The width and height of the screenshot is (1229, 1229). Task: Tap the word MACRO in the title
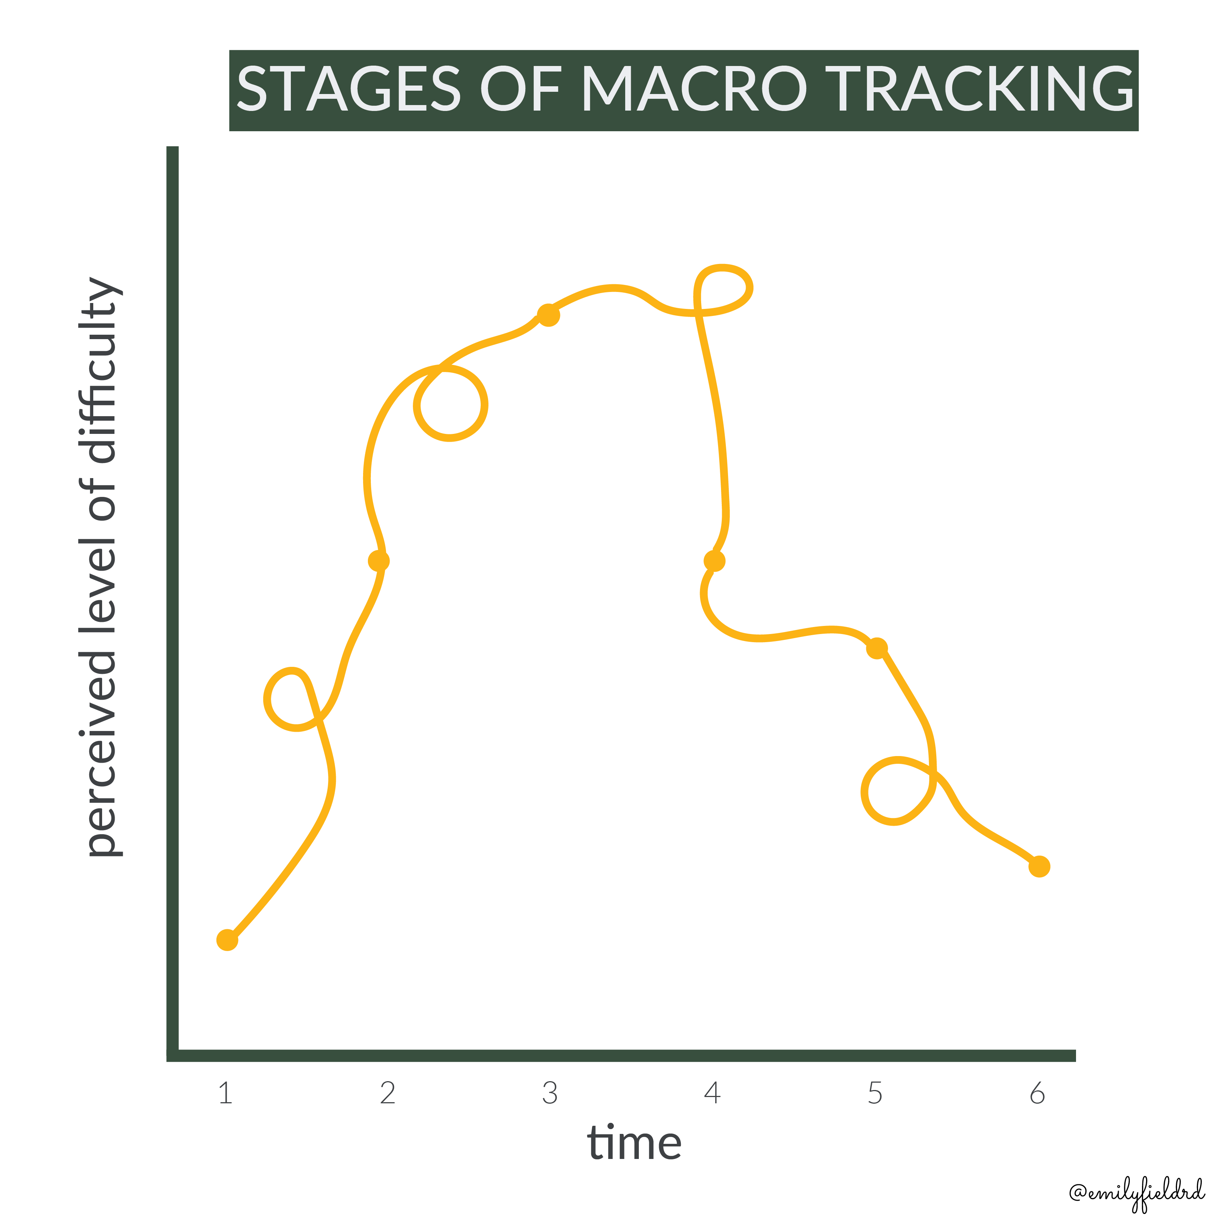(694, 89)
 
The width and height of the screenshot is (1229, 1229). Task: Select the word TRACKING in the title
(980, 89)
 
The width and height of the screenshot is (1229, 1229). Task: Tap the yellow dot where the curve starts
(227, 940)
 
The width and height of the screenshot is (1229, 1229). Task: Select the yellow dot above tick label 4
(714, 561)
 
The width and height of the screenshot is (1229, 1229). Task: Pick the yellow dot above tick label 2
(379, 561)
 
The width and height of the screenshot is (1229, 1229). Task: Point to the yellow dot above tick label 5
(877, 648)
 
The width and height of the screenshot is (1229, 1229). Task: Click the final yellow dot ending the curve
(1039, 866)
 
